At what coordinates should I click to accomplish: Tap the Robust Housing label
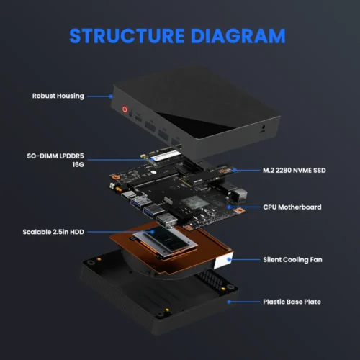58,96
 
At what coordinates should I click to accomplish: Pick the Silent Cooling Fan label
292,258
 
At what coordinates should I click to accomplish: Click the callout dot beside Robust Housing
112,96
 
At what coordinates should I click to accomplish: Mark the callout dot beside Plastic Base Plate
229,302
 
